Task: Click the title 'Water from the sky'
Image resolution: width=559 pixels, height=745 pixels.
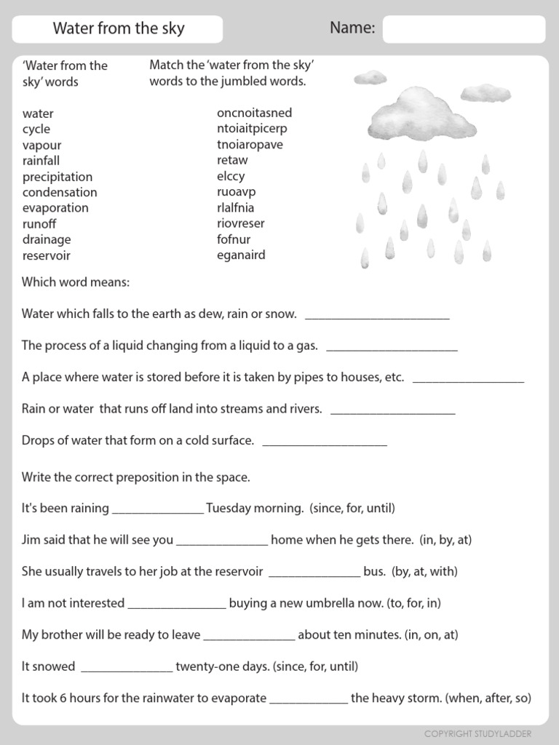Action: (119, 29)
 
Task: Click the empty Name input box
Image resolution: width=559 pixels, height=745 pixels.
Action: (464, 30)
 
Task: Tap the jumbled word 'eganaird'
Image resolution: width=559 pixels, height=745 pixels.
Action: (241, 255)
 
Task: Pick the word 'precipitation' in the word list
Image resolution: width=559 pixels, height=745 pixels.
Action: (58, 177)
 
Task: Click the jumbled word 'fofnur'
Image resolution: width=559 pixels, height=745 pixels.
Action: (234, 239)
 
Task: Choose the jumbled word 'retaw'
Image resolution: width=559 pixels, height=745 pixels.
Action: (232, 160)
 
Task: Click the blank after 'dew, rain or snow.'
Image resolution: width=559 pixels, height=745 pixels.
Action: (377, 317)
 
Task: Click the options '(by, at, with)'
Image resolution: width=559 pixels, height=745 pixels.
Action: (424, 572)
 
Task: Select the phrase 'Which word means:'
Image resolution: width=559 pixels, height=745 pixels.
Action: (76, 282)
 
